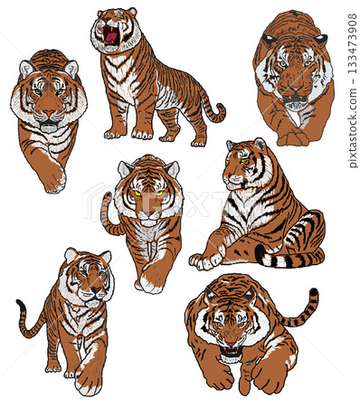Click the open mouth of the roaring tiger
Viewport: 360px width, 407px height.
(111, 35)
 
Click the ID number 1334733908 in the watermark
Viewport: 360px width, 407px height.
(352, 43)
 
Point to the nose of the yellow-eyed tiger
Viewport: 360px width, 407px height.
(148, 213)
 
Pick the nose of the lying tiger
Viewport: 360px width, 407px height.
(226, 175)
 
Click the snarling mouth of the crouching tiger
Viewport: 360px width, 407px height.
(231, 350)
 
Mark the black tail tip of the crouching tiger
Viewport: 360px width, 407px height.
(314, 292)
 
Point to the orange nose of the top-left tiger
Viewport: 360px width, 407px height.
(49, 113)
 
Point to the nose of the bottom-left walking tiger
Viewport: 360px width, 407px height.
(96, 289)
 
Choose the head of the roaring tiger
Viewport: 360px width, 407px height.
(116, 29)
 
